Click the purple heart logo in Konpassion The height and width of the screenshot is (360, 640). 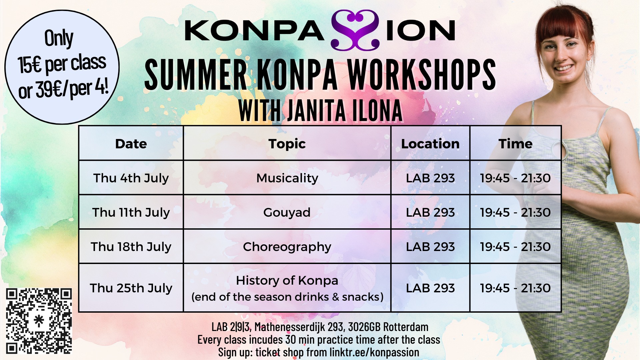355,30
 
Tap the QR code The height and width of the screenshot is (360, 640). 39,321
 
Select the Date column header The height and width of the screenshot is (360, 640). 131,144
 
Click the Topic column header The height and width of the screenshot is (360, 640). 287,144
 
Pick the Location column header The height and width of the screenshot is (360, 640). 430,144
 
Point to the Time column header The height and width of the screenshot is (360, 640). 515,144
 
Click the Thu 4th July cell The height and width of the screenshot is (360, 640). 131,178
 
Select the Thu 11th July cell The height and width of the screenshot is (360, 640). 131,212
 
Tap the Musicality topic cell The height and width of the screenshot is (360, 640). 287,178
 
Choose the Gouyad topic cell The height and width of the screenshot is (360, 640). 287,212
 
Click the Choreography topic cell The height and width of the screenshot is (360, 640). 287,247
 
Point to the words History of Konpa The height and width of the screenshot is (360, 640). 287,280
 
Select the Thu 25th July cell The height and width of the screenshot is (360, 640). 131,288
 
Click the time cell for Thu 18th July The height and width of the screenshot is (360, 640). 515,247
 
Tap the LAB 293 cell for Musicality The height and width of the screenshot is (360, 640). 430,178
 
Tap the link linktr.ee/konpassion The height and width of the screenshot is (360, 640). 374,352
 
